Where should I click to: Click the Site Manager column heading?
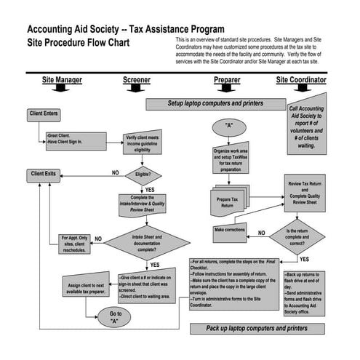(x=62, y=79)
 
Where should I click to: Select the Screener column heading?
(x=137, y=79)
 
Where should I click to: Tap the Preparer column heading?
(x=228, y=79)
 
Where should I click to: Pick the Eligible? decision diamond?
(x=143, y=175)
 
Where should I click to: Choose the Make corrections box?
(x=230, y=231)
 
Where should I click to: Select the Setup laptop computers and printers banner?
(x=216, y=104)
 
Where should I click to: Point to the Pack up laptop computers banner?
(x=257, y=329)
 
